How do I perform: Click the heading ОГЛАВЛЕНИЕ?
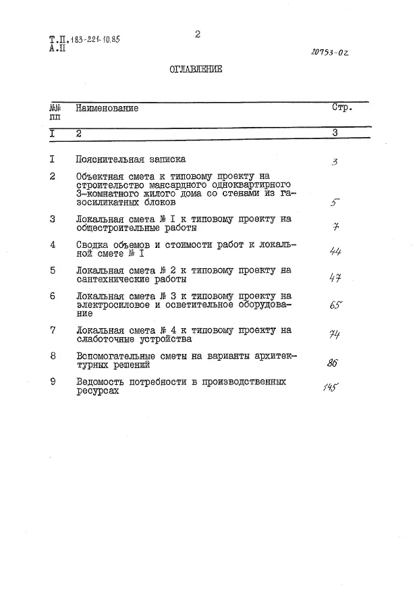click(195, 70)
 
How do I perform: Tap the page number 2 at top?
click(198, 34)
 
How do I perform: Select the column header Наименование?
click(107, 108)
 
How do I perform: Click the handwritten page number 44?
click(335, 251)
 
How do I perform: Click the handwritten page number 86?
click(333, 363)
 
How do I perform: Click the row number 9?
click(53, 382)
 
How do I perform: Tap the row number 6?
click(53, 296)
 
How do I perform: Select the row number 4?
click(53, 244)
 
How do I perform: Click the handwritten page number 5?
click(335, 202)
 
